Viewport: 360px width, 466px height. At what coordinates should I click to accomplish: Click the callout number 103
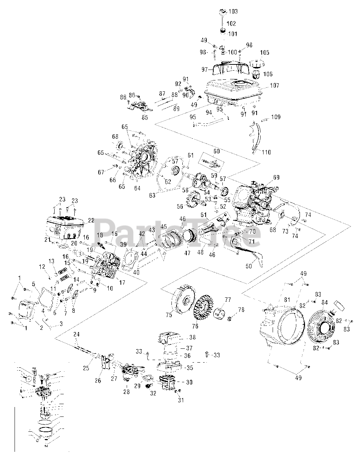(x=233, y=12)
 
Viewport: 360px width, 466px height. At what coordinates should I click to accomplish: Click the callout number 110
(x=267, y=152)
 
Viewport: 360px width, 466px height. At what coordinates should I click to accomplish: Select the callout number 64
(x=137, y=188)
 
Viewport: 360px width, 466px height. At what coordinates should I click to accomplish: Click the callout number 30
(x=189, y=382)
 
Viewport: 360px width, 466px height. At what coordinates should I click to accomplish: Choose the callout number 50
(x=248, y=266)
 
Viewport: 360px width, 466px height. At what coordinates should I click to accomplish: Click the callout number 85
(x=145, y=118)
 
